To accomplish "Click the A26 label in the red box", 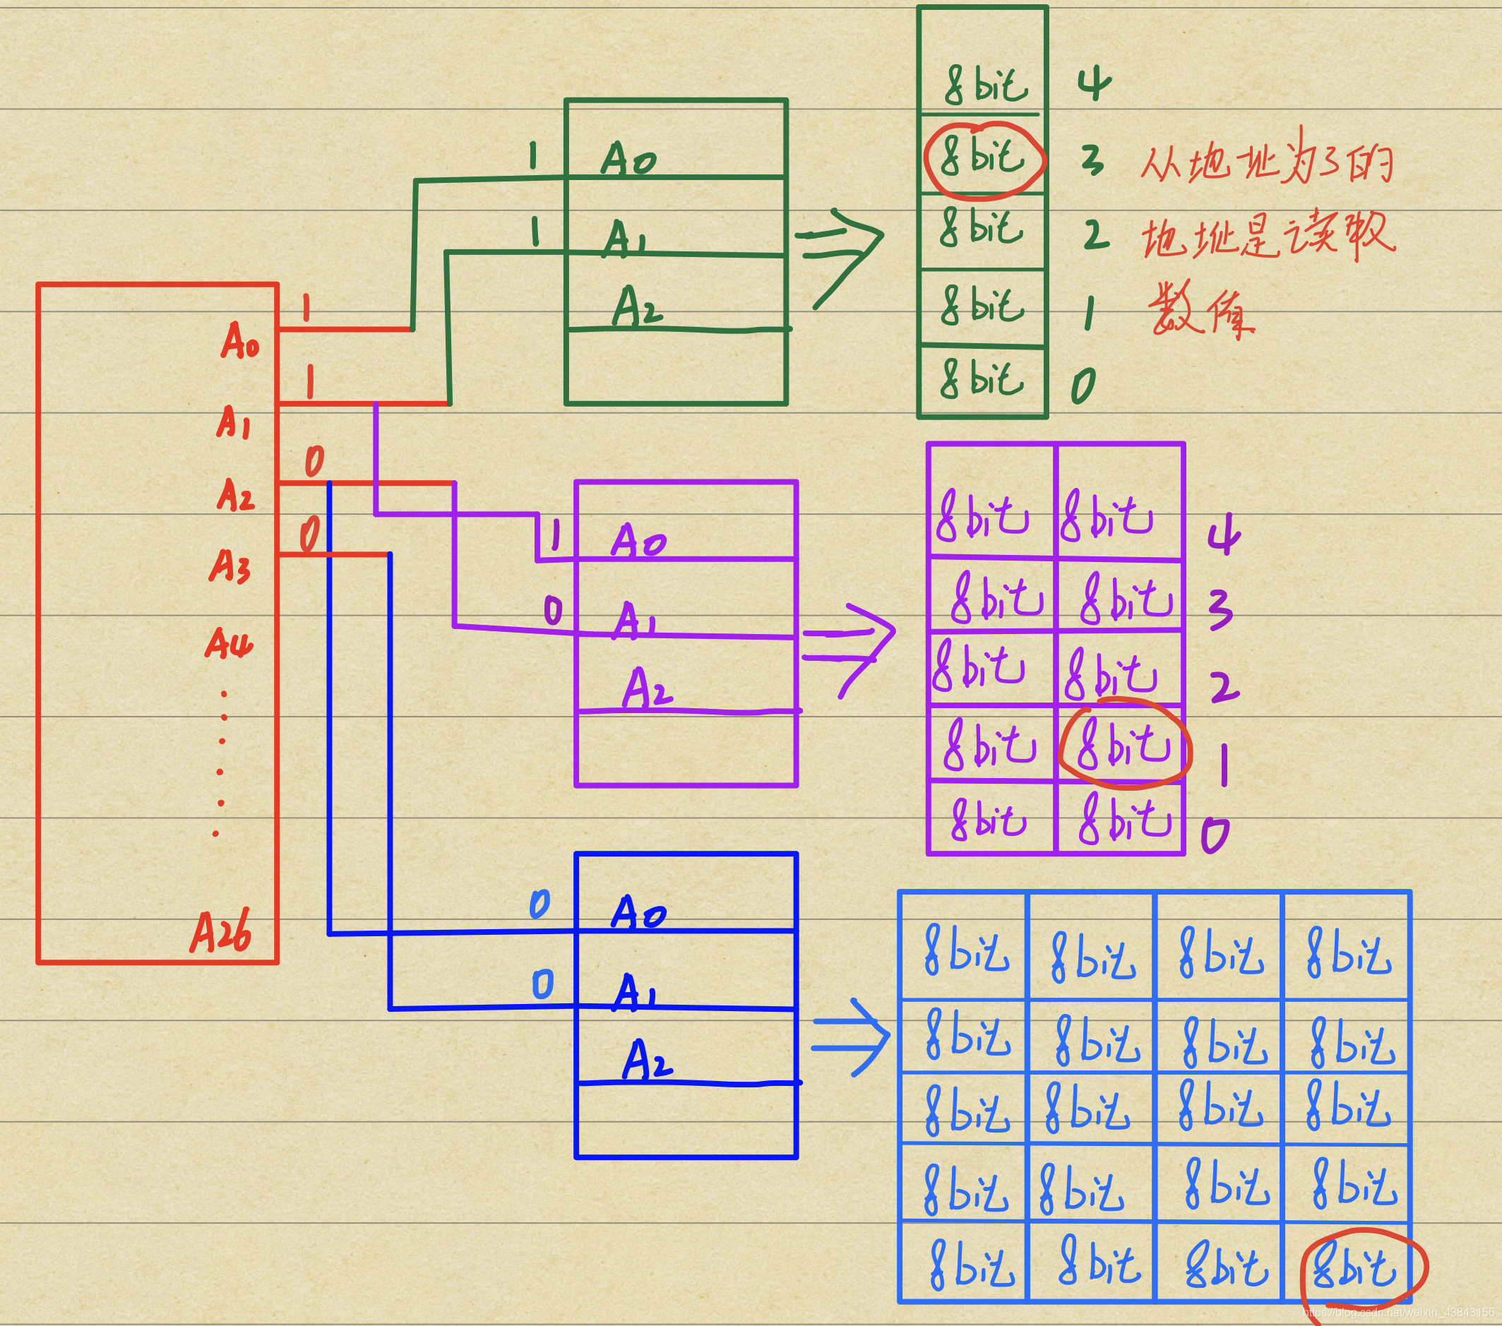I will click(x=220, y=931).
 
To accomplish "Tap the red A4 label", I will click(x=229, y=643).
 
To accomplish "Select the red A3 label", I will click(x=230, y=566).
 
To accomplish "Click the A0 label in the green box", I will click(x=628, y=159).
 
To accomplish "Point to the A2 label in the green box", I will click(x=636, y=307).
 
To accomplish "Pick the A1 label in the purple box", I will click(x=635, y=620).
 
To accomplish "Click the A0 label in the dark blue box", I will click(x=638, y=913).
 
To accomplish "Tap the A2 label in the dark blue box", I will click(x=647, y=1059).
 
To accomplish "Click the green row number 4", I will click(x=1094, y=85).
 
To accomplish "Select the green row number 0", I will click(x=1083, y=385).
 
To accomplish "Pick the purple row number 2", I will click(x=1223, y=687).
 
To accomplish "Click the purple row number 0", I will click(x=1215, y=835).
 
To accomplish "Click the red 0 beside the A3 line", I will click(x=310, y=533).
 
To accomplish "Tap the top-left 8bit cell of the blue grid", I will click(x=965, y=952).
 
